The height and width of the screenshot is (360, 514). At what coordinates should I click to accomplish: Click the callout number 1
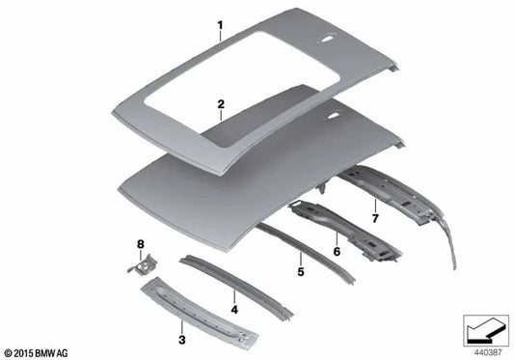[x=220, y=24]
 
